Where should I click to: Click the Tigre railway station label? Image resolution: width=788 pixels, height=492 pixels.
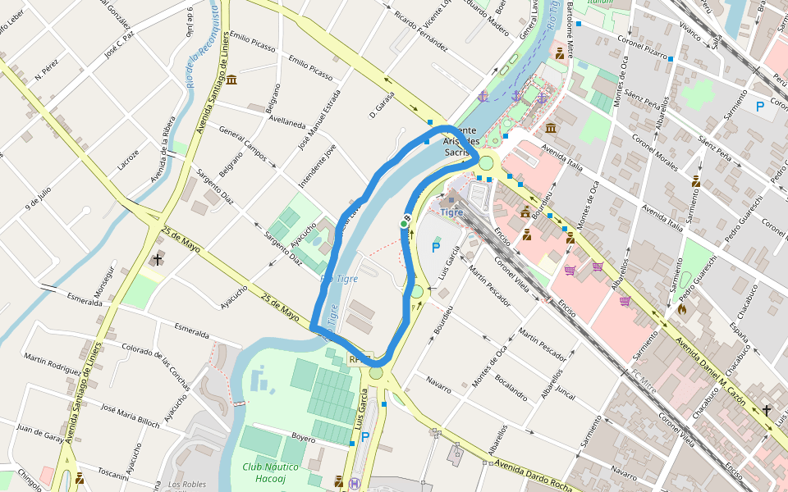point(452,212)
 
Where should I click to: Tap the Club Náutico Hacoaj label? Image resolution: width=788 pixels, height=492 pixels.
point(270,472)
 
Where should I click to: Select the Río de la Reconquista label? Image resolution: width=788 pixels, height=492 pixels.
point(196,45)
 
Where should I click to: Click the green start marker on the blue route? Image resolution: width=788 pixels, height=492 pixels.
point(404,224)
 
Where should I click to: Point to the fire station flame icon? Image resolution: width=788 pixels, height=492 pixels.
point(682,310)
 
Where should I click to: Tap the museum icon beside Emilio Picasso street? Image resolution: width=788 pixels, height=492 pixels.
point(231,80)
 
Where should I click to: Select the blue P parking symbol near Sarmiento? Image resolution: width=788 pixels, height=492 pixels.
point(760,107)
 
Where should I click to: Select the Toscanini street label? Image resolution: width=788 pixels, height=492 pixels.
point(113,473)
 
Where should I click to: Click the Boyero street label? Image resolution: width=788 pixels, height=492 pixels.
point(303,439)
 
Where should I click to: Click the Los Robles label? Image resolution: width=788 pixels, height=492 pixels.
point(187,484)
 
